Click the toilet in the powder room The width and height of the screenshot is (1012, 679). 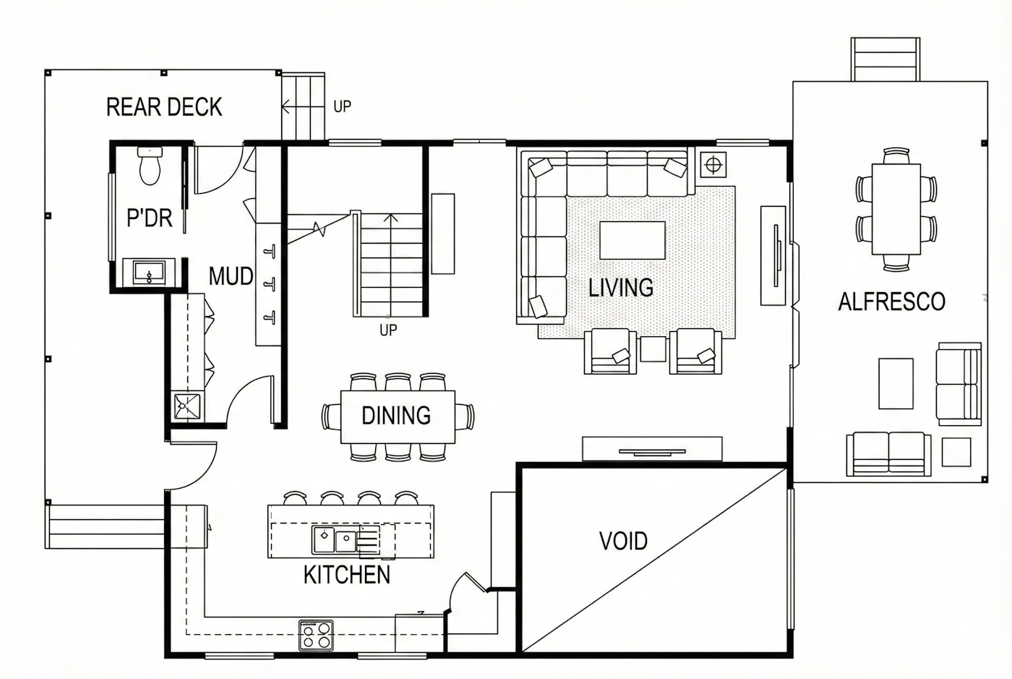pyautogui.click(x=150, y=166)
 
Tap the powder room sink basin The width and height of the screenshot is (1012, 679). pyautogui.click(x=149, y=272)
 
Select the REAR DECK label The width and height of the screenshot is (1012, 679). pyautogui.click(x=164, y=107)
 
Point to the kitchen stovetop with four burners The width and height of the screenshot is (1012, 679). pyautogui.click(x=317, y=635)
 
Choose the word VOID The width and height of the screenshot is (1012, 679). pyautogui.click(x=623, y=541)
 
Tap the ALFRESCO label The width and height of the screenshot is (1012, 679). pyautogui.click(x=891, y=302)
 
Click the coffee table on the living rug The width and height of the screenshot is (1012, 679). pyautogui.click(x=632, y=240)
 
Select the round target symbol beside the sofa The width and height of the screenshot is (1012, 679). pyautogui.click(x=713, y=165)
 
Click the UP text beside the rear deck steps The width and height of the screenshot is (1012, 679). pyautogui.click(x=342, y=106)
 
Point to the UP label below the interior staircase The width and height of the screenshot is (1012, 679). pyautogui.click(x=388, y=330)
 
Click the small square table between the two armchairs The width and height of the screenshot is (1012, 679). pyautogui.click(x=653, y=349)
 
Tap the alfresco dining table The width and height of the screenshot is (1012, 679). pyautogui.click(x=896, y=209)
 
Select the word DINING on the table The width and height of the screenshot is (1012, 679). pyautogui.click(x=396, y=416)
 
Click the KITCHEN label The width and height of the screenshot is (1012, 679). pyautogui.click(x=346, y=575)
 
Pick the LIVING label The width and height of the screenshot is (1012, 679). pyautogui.click(x=621, y=288)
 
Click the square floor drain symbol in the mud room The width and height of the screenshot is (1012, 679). pyautogui.click(x=187, y=406)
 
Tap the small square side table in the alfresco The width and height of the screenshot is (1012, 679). pyautogui.click(x=956, y=452)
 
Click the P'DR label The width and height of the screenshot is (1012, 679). pyautogui.click(x=150, y=218)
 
